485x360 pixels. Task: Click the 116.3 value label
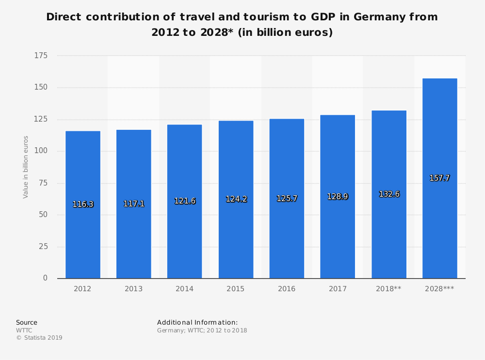coord(83,204)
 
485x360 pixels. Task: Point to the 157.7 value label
coord(439,178)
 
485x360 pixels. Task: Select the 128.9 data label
coord(338,197)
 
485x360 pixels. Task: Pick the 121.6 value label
coord(185,201)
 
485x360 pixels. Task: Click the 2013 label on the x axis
coord(133,289)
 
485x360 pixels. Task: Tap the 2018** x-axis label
coord(388,289)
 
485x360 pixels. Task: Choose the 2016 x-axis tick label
coord(287,289)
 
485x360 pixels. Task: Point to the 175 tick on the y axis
coord(41,56)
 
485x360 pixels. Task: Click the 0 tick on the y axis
coord(45,278)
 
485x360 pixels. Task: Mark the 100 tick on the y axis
coord(41,151)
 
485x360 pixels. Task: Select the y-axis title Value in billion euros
coord(26,167)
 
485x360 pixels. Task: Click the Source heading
coord(27,322)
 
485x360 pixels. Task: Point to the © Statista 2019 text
coord(39,338)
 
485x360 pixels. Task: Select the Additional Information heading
coord(197,322)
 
